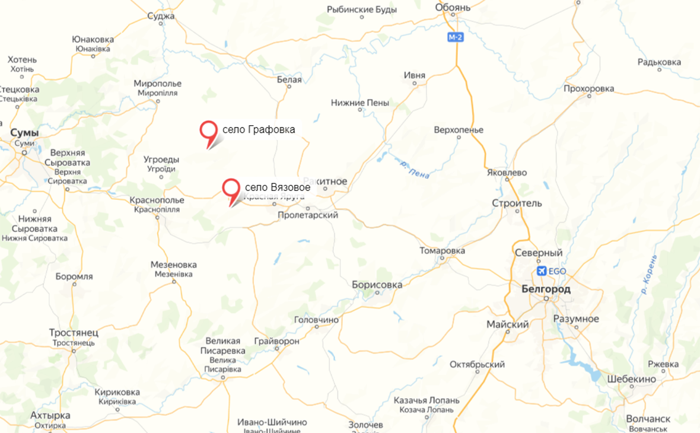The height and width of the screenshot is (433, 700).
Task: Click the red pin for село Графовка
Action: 208,130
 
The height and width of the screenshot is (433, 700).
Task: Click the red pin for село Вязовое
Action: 231,188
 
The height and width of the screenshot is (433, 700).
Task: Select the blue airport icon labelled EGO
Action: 542,271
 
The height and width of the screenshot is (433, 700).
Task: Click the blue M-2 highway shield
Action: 455,37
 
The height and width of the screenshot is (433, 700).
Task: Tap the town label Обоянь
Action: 453,7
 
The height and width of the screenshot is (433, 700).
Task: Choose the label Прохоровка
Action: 588,89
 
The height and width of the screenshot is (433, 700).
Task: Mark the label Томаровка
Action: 442,251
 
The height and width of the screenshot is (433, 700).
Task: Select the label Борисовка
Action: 377,285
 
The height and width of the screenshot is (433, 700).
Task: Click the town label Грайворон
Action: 276,342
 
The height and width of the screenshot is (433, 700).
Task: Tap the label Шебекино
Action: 631,379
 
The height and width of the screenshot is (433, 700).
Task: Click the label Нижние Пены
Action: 360,103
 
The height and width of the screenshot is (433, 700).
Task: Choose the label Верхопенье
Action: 459,130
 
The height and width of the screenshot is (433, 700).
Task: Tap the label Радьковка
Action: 659,62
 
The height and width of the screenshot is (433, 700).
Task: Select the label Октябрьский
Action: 477,364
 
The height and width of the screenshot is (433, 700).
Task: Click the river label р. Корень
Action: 649,275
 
